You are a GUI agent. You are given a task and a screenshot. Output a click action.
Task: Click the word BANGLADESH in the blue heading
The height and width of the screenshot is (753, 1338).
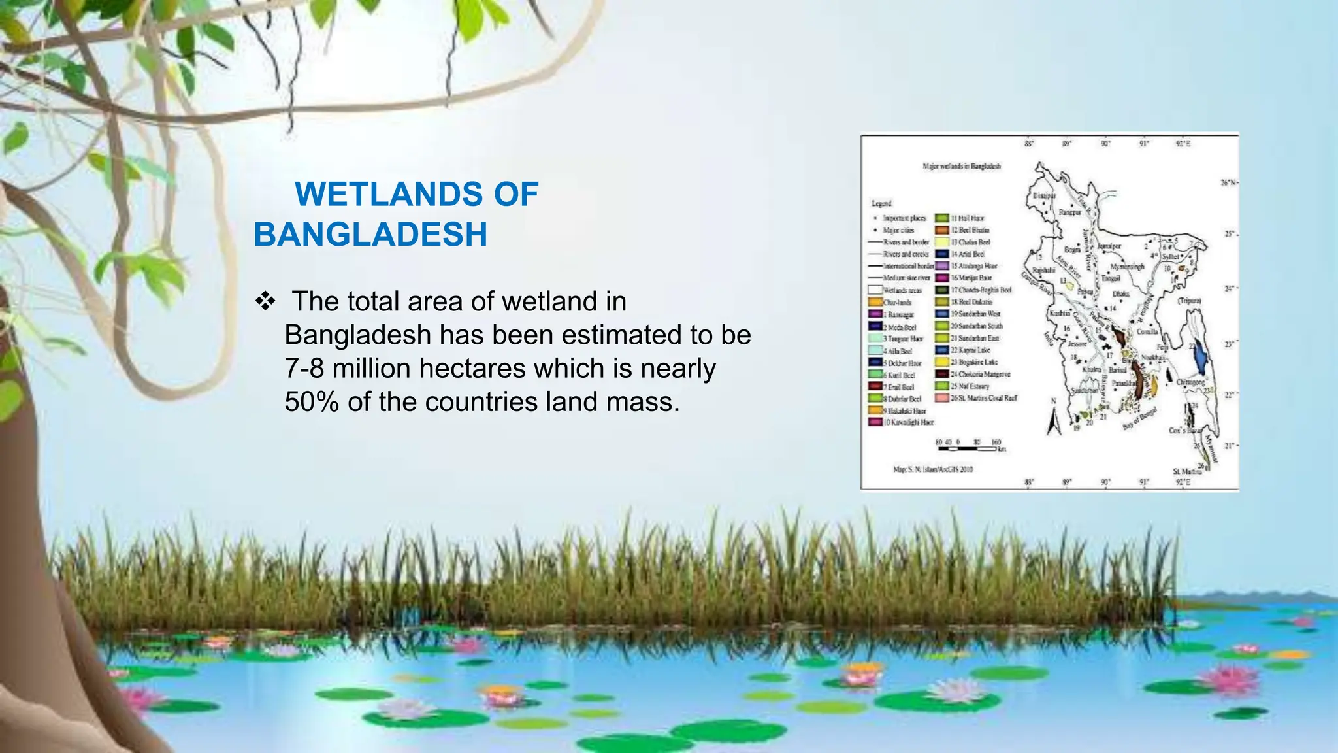(370, 235)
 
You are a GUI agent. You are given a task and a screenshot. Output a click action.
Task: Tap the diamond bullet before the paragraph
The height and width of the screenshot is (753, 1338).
(265, 302)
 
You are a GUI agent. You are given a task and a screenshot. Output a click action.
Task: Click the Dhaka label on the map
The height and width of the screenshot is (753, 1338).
(1120, 295)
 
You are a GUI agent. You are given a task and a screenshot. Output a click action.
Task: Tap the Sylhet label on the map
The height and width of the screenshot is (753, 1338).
(1170, 257)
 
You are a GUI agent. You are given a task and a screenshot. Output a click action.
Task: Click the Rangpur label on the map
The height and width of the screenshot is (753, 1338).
(1069, 212)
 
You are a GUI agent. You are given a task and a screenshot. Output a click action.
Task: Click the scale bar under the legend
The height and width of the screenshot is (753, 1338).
(970, 447)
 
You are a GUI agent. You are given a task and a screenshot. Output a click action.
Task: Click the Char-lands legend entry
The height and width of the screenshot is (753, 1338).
(897, 303)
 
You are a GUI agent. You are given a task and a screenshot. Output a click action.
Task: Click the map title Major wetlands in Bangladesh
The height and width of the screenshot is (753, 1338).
(961, 166)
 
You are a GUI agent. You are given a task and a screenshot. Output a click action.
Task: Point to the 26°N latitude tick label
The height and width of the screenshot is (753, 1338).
(1228, 183)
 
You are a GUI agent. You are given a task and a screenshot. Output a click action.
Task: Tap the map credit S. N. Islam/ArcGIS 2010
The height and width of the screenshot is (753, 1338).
(932, 469)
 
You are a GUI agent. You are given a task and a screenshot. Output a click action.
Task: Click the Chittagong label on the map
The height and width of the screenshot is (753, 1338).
(1190, 382)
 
